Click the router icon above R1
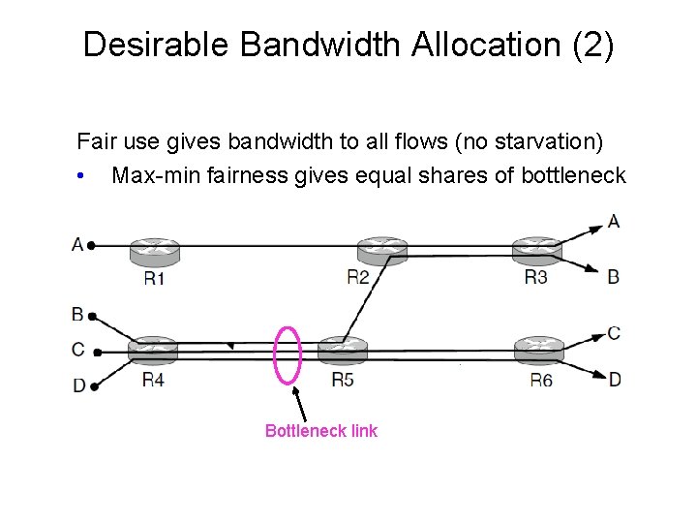(x=154, y=250)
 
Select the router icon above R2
(x=381, y=250)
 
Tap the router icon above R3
(x=537, y=250)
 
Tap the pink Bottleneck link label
(x=321, y=431)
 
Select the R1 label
(x=154, y=279)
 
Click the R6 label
(x=540, y=380)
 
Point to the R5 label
(x=342, y=379)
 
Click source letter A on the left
(x=77, y=244)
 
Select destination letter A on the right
(x=614, y=221)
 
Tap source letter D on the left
(x=79, y=385)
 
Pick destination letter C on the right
(x=614, y=333)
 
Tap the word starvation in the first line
(x=544, y=142)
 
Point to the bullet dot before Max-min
(x=84, y=176)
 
